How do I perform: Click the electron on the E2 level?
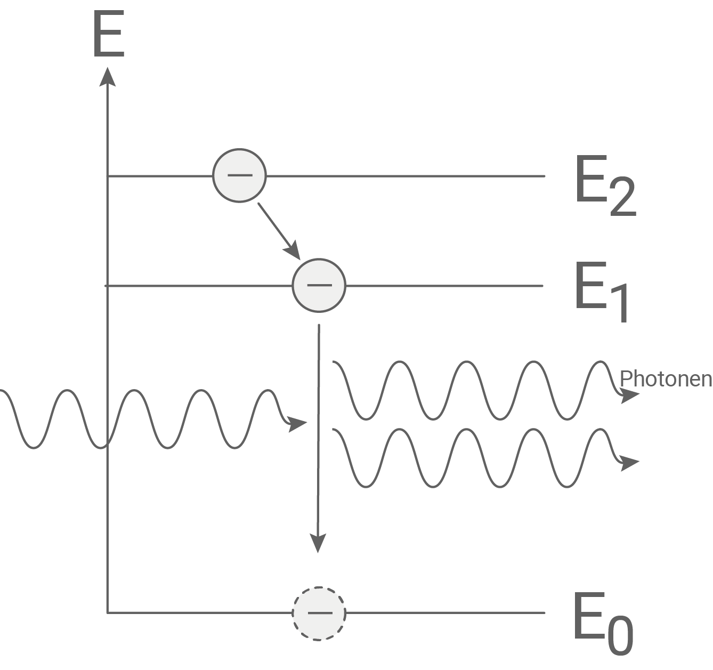239,175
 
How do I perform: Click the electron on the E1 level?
319,286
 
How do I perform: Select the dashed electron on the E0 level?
319,612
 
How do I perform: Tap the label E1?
602,292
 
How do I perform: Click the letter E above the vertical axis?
109,35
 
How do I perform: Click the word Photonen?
666,378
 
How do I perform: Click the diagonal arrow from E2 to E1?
278,229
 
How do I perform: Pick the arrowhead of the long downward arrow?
318,544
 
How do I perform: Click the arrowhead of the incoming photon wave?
298,424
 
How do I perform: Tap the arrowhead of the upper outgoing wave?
630,395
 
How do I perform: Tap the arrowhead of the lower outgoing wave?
630,463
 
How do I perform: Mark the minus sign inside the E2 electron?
239,175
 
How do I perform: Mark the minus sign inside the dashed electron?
319,612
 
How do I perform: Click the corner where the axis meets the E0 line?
108,612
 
